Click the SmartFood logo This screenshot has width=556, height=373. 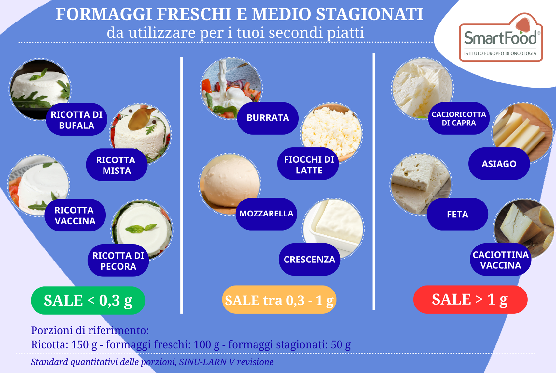[x=501, y=37]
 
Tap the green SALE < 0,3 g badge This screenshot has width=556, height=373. [x=88, y=300]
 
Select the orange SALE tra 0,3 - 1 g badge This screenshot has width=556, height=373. [x=279, y=300]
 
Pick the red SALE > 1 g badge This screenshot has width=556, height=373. [x=470, y=299]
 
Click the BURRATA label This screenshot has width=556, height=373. [x=268, y=118]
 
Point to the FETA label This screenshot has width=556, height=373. [x=457, y=214]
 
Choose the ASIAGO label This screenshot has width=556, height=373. [x=499, y=164]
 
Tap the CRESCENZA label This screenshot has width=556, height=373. [x=310, y=259]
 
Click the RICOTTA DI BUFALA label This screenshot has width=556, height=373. [x=77, y=120]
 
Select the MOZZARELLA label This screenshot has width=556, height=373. [x=266, y=214]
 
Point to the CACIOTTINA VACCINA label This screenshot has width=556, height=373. [x=501, y=260]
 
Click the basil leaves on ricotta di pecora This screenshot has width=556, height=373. [x=141, y=228]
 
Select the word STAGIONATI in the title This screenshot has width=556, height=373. [x=369, y=14]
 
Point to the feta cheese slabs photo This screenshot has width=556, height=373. [x=421, y=184]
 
